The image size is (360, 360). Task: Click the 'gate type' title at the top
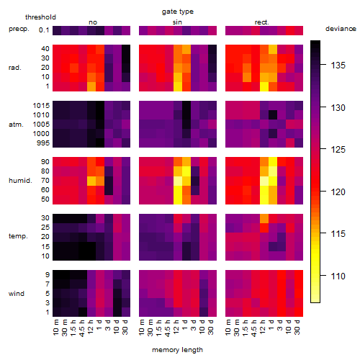pos(178,12)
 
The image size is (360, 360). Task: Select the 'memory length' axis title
pos(177,350)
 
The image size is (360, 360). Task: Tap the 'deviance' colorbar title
pos(341,29)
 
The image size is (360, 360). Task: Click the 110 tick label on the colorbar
pos(338,276)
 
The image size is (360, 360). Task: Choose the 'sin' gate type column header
pos(177,22)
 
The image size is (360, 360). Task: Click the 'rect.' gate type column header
pos(261,22)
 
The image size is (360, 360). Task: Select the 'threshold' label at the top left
pos(40,17)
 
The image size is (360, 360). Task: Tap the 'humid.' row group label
pos(20,181)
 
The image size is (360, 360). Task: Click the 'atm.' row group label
pos(16,125)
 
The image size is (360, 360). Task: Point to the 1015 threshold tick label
pos(41,106)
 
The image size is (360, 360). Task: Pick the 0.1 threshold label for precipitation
pos(44,30)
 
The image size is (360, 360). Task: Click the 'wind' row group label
pos(17,293)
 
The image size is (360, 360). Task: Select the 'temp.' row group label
pos(18,236)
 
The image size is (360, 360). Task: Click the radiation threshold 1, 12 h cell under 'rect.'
pos(264,86)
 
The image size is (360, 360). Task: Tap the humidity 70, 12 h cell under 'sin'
pos(178,181)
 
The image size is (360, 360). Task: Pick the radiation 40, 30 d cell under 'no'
pos(126,49)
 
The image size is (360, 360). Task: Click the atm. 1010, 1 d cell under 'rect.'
pos(273,115)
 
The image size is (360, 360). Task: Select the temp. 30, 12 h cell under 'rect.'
pos(264,218)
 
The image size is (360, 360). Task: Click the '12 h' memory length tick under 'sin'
pos(176,327)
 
